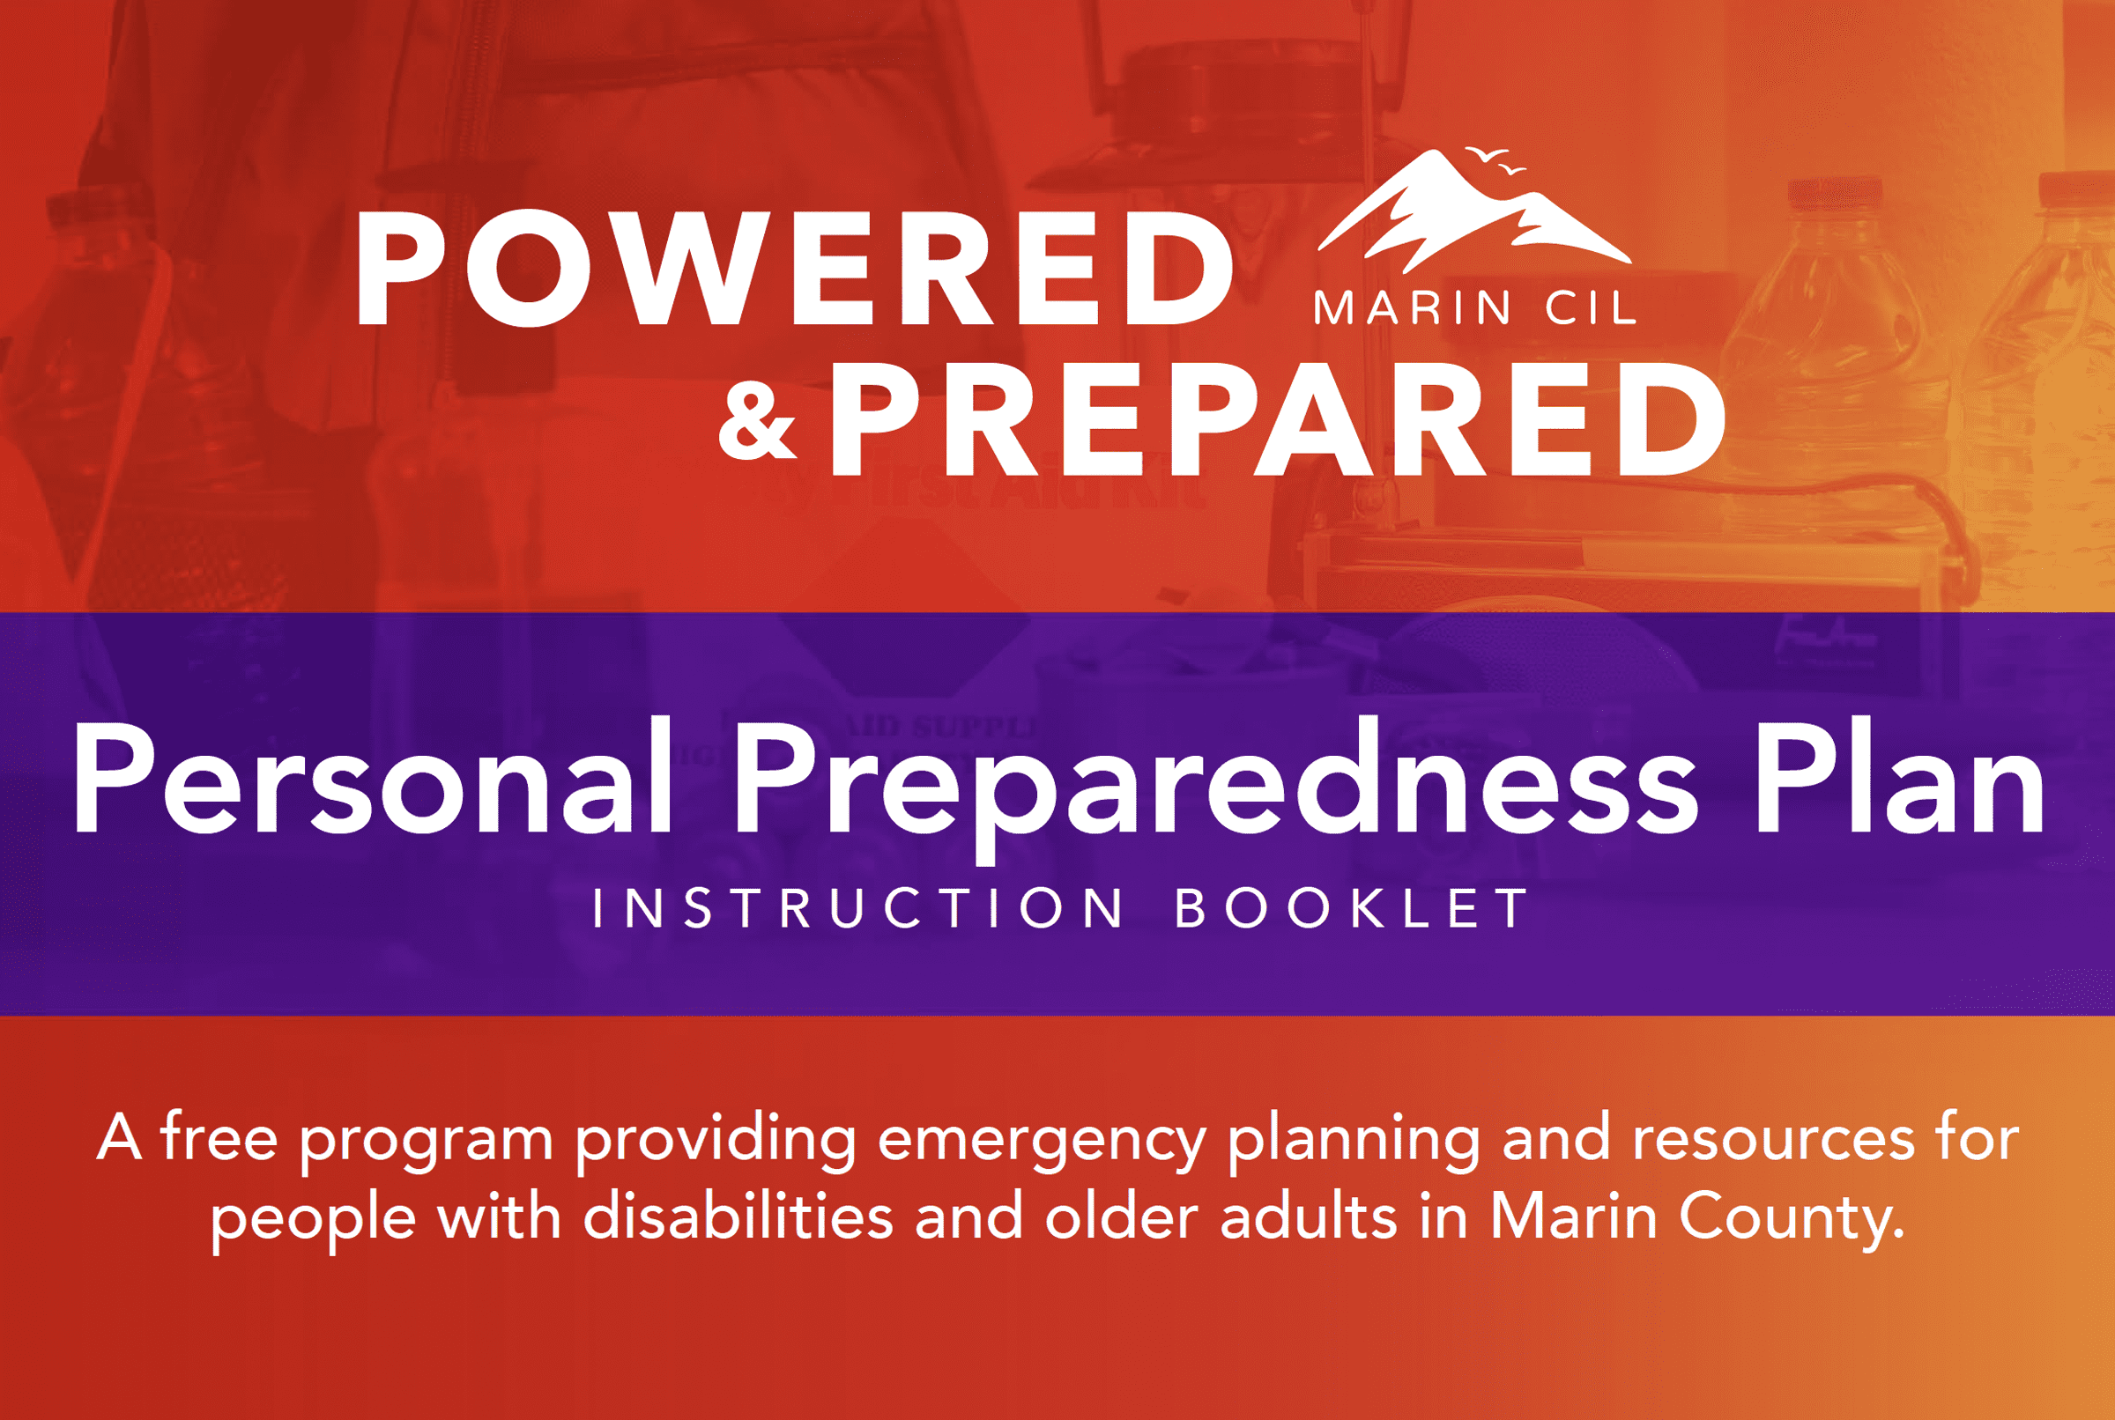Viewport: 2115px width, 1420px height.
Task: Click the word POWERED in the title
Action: pos(795,269)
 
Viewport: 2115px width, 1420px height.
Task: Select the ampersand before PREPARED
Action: pos(757,421)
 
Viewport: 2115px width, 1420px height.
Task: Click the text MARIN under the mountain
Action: pos(1411,309)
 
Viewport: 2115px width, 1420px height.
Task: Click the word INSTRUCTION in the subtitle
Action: pos(857,908)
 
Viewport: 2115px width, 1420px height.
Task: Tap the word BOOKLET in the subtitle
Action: pos(1352,908)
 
